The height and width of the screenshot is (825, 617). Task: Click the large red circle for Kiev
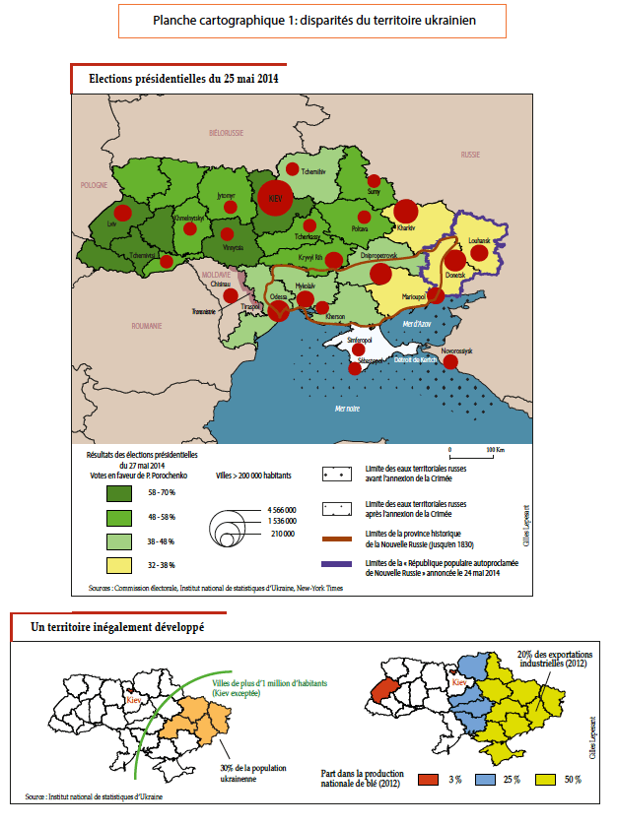coord(276,197)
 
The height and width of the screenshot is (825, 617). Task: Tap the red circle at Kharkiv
coord(406,211)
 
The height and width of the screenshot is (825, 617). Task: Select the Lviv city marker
coord(122,213)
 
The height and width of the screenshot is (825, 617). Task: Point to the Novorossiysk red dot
coord(450,362)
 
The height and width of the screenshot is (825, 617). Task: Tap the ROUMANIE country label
coord(150,324)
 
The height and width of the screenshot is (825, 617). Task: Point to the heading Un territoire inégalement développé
coord(117,627)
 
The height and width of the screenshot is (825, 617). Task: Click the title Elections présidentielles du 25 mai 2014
coord(183,78)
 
